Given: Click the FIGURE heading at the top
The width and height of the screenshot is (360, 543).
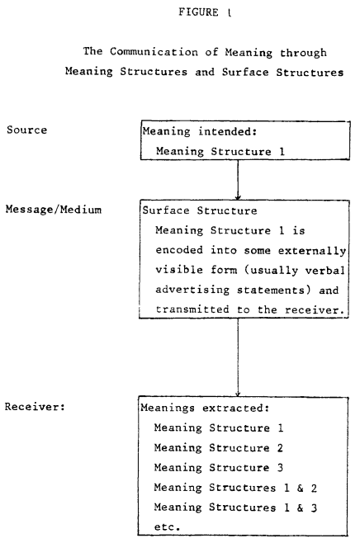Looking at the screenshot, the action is [205, 12].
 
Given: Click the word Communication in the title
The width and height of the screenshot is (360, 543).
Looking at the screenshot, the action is [154, 52].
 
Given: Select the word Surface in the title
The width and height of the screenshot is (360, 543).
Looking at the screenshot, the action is [245, 72].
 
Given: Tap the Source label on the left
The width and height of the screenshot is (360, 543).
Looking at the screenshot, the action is [26, 130].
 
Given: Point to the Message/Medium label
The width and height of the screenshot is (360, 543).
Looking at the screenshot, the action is [54, 210].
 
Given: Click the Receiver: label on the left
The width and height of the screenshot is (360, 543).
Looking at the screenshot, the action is [35, 407].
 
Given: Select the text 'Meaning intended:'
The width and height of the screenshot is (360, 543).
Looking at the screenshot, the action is [200, 131].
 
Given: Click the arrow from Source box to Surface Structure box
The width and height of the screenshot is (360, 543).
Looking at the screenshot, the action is [238, 179].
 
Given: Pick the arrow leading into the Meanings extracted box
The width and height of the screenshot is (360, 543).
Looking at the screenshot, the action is [238, 357].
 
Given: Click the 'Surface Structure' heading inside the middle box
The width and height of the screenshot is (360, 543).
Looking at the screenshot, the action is [200, 210].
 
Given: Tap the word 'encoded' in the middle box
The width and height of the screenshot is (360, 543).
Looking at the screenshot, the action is [179, 250].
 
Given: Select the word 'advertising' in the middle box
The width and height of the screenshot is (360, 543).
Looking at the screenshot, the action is [192, 290].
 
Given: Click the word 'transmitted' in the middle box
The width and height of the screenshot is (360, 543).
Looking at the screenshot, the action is [192, 309].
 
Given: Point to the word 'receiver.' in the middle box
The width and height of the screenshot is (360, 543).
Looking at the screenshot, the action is [315, 309].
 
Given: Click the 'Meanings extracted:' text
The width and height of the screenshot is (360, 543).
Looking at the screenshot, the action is [205, 408].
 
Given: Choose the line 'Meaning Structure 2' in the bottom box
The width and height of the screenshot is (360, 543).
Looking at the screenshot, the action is [219, 448].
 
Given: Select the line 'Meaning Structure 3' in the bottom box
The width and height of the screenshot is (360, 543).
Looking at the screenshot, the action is [219, 468].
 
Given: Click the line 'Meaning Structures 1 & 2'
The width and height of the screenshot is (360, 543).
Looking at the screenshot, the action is [235, 488].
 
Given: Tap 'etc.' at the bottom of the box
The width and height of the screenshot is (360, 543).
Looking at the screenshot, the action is [167, 527].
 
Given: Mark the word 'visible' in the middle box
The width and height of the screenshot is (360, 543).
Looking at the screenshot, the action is [179, 269].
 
